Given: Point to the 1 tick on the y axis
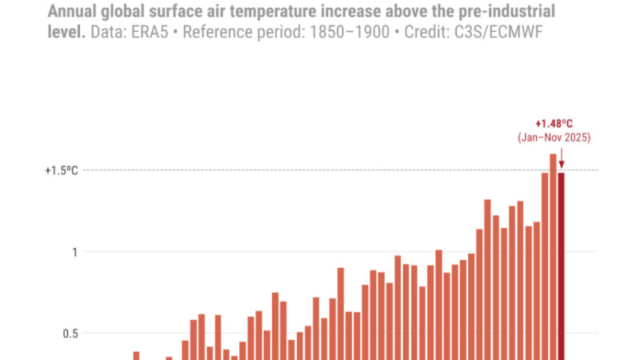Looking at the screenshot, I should (74, 252).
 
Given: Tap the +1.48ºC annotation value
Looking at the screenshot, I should (554, 124).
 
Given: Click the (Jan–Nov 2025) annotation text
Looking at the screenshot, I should (554, 138).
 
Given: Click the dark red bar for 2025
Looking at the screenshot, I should (562, 264).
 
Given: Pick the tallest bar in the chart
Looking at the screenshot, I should (553, 256).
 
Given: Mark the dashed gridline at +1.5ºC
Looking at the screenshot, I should (320, 170).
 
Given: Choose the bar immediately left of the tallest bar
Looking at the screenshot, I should (545, 264).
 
